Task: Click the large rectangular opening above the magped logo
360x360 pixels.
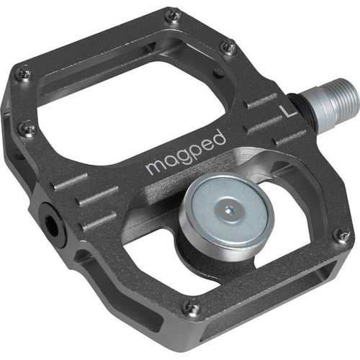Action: click(130, 101)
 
